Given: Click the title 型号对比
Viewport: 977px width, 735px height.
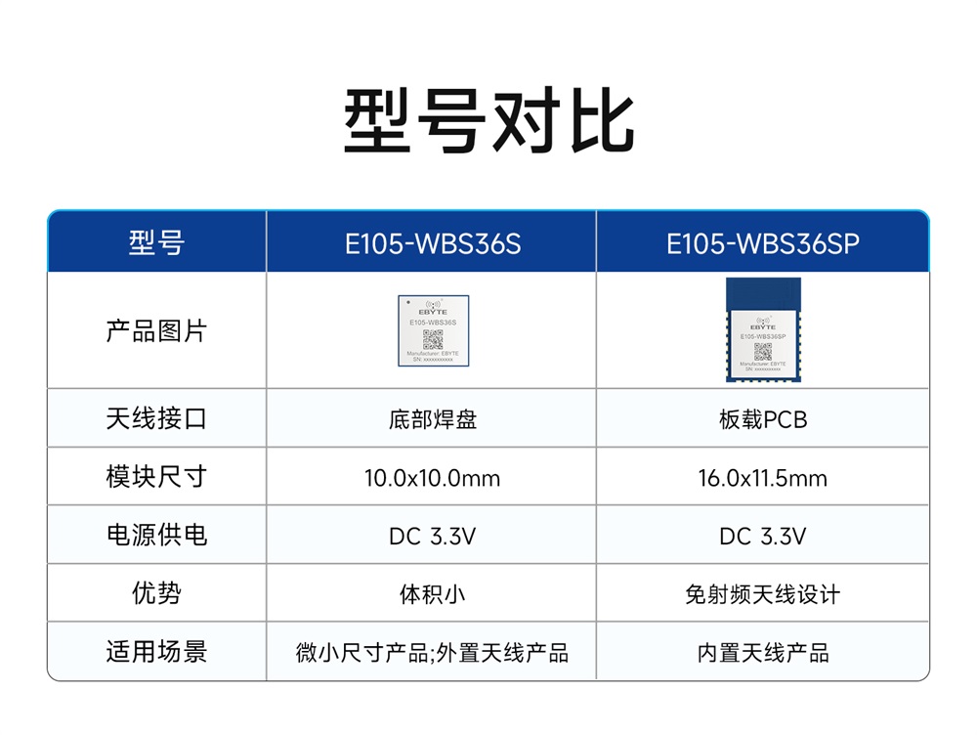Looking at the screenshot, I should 488,123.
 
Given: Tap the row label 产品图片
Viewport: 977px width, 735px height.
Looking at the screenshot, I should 156,330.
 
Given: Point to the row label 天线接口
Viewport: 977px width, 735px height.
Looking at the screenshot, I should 156,419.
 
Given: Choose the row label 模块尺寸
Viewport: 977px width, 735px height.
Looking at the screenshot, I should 156,477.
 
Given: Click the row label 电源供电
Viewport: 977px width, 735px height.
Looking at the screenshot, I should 156,536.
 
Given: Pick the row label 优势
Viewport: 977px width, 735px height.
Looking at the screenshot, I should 156,593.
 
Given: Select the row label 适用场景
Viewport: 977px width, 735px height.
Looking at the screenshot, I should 156,652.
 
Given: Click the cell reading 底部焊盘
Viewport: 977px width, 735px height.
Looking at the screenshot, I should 433,420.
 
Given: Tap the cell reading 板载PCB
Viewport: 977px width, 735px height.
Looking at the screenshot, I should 763,420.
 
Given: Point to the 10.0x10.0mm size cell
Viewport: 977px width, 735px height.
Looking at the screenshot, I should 433,478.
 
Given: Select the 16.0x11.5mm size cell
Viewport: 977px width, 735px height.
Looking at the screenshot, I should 763,478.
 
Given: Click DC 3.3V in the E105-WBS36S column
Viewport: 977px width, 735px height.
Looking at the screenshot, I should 433,537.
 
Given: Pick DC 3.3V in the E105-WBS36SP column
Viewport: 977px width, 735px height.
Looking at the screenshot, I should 763,537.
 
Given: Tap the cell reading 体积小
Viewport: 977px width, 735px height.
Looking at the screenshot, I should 433,594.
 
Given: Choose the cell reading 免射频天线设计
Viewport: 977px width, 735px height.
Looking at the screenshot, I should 763,594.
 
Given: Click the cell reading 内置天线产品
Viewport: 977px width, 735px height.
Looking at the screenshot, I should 763,653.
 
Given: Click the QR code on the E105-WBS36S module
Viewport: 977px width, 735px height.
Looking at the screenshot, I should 433,339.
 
